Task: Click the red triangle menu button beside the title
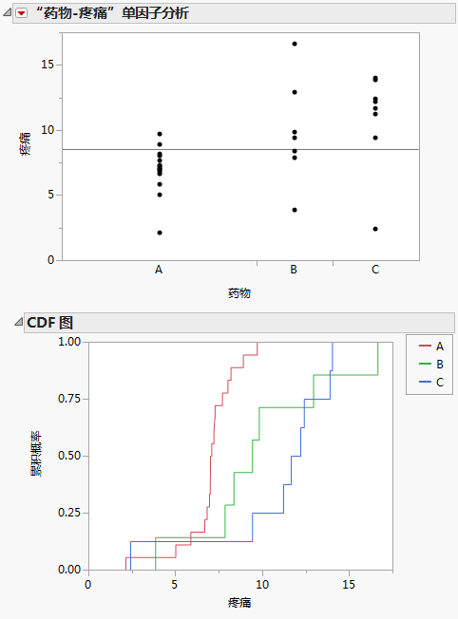coord(21,14)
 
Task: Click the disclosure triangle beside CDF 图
coord(18,323)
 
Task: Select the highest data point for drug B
coord(295,44)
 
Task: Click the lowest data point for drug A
coord(160,233)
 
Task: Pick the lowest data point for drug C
coord(375,229)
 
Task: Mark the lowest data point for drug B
coord(295,210)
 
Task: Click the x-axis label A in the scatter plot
coord(160,271)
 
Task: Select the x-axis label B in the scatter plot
coord(295,271)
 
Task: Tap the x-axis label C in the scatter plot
coord(375,271)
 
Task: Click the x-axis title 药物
coord(239,293)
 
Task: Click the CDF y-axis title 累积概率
coord(36,456)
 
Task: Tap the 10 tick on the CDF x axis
coord(262,583)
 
